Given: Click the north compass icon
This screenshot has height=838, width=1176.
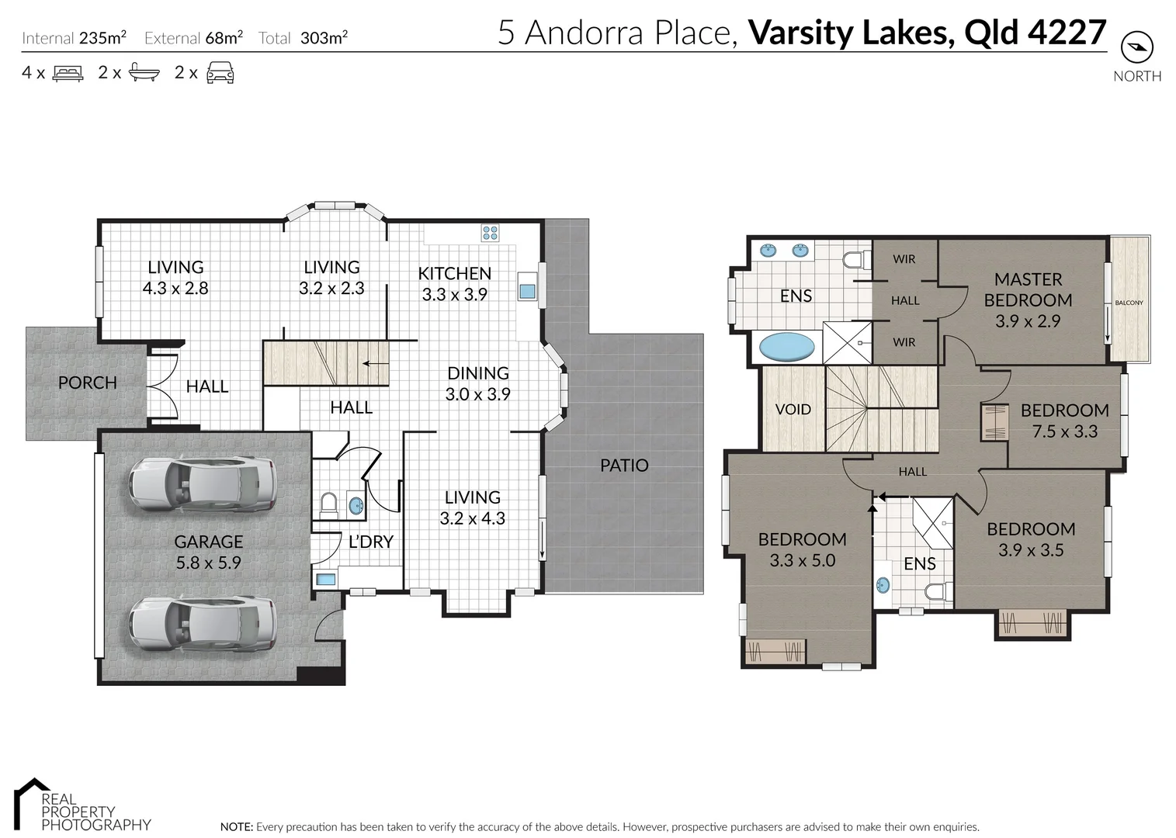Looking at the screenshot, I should click(x=1137, y=48).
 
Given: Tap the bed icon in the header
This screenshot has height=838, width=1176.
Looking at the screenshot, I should click(x=68, y=74).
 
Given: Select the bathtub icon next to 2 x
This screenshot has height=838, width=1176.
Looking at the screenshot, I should click(x=144, y=73).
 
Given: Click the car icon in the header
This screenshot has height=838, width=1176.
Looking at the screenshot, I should click(x=220, y=73).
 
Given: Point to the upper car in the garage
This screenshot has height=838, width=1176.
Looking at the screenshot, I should click(x=202, y=485).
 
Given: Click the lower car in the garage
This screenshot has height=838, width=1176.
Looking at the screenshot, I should click(x=202, y=624).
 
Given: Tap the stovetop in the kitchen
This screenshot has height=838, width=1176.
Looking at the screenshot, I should click(x=490, y=233).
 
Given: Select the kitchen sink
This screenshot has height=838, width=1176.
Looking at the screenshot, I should click(x=528, y=292).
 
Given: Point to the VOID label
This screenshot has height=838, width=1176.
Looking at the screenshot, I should click(x=793, y=410).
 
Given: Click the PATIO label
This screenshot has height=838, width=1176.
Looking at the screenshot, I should click(x=624, y=466).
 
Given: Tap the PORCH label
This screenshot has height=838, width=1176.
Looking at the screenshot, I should click(x=87, y=383).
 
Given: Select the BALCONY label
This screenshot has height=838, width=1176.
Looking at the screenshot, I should click(x=1129, y=303).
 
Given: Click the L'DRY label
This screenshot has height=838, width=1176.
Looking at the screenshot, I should click(x=370, y=542).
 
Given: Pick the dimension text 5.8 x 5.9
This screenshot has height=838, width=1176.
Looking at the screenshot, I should click(x=208, y=563).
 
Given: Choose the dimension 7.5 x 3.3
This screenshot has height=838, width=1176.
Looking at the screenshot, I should click(x=1064, y=431).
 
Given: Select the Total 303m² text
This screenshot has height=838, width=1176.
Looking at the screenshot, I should click(x=303, y=38).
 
